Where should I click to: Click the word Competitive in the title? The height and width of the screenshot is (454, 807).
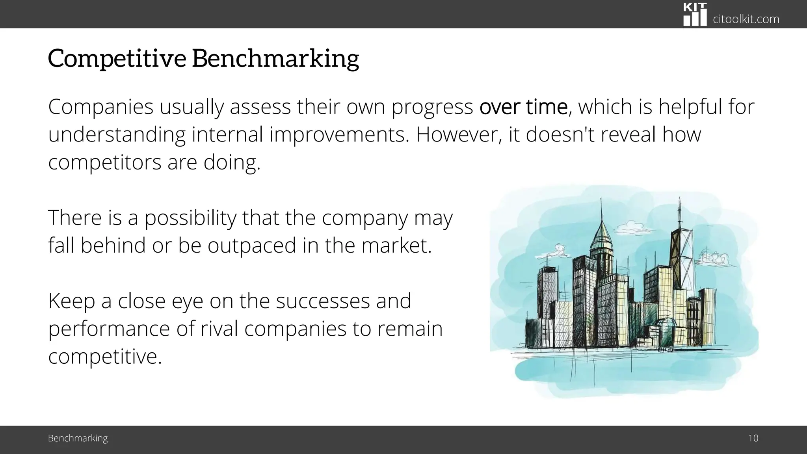tap(117, 58)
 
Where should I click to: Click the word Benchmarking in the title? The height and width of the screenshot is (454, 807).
tap(275, 58)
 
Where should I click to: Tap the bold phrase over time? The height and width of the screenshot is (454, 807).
tap(523, 107)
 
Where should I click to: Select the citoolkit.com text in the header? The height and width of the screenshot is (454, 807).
tap(746, 19)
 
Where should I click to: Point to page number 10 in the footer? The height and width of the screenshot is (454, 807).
tap(753, 438)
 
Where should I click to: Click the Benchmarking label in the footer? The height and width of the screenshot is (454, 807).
tap(78, 438)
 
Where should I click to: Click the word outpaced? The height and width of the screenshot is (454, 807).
tap(252, 246)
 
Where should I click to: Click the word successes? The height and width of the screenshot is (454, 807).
tap(323, 301)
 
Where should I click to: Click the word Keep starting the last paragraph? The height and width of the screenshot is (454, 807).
tap(71, 301)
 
